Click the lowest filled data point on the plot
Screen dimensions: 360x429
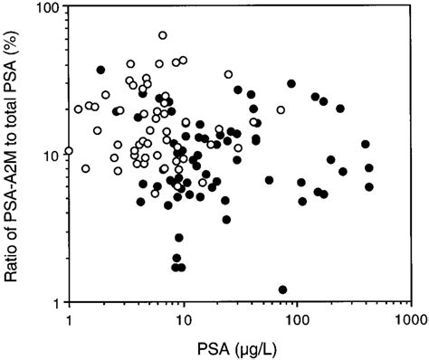click(283, 289)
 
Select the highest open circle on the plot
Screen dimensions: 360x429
click(163, 35)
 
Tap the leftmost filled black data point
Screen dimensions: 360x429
click(101, 70)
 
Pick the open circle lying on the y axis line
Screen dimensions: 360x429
click(69, 150)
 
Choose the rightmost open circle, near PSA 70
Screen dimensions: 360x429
click(281, 110)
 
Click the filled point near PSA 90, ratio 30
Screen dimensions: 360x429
click(291, 83)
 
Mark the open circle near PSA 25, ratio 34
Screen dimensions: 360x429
click(228, 74)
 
